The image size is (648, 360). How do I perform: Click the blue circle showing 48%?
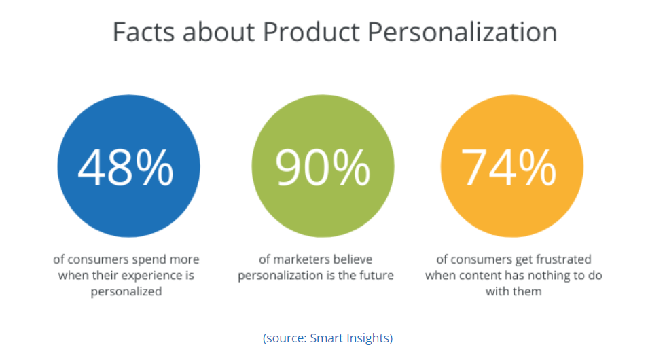tap(128, 168)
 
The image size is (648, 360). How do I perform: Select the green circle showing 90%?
tap(323, 168)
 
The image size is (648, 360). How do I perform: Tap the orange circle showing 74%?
tap(511, 168)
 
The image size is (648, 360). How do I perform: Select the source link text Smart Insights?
tap(350, 338)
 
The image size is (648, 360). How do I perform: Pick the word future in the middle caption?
tap(377, 276)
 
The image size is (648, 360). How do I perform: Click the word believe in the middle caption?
tap(354, 259)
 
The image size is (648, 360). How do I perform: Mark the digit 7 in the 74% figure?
tap(475, 168)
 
